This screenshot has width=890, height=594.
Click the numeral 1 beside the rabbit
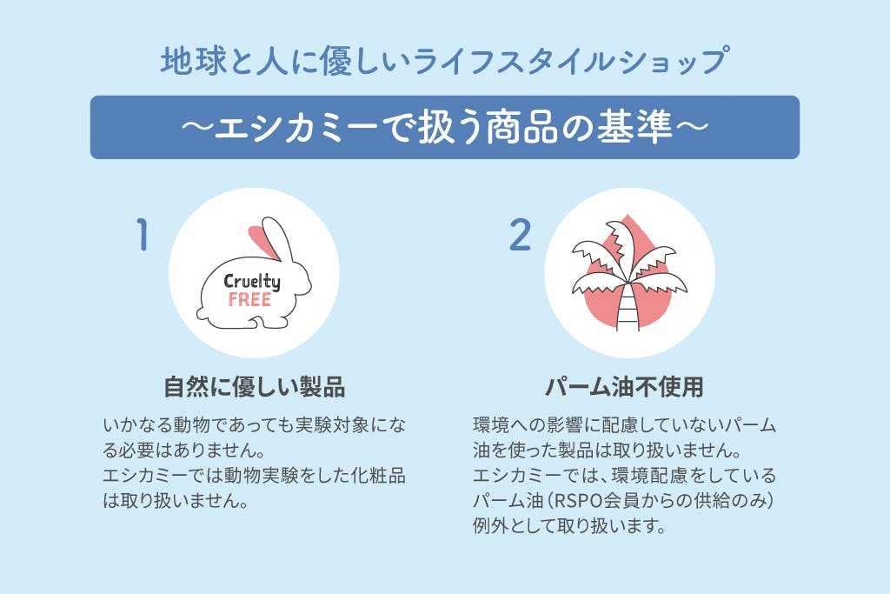[143, 234]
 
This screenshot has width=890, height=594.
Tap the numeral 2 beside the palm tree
[520, 235]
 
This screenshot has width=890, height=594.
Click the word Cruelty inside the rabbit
[251, 282]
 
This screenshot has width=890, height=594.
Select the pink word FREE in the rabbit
[249, 300]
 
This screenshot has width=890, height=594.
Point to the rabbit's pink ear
[261, 241]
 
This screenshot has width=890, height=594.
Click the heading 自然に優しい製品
[255, 387]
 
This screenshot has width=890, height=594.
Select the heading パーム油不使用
[624, 387]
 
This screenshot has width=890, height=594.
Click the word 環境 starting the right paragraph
[491, 424]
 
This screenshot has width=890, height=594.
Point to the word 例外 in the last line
[490, 526]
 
